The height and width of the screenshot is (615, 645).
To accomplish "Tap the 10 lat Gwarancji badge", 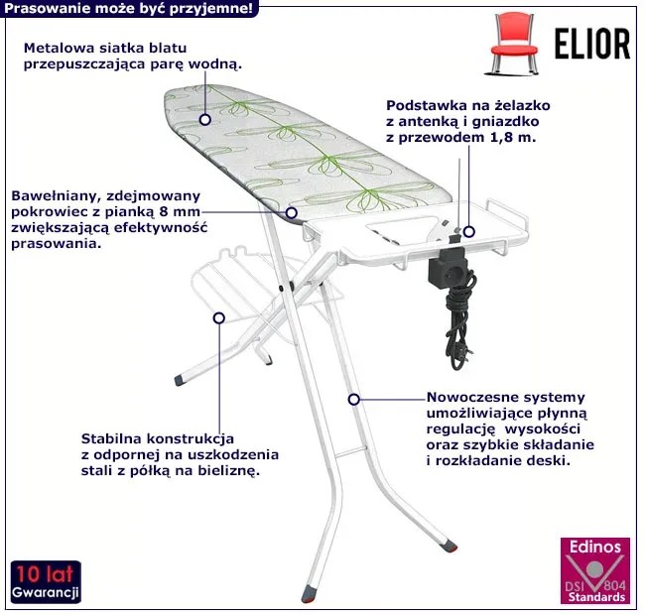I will click(x=46, y=582).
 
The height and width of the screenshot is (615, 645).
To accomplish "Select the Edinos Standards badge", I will click(x=594, y=572).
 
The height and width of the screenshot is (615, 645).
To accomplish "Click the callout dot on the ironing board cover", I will click(x=204, y=118).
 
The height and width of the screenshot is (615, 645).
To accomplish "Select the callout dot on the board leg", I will click(x=353, y=399).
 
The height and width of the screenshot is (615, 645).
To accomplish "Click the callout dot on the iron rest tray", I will click(x=468, y=231).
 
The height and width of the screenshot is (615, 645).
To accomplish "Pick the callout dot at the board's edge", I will click(x=292, y=211).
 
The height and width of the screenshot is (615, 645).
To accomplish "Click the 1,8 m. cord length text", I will click(x=512, y=138).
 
